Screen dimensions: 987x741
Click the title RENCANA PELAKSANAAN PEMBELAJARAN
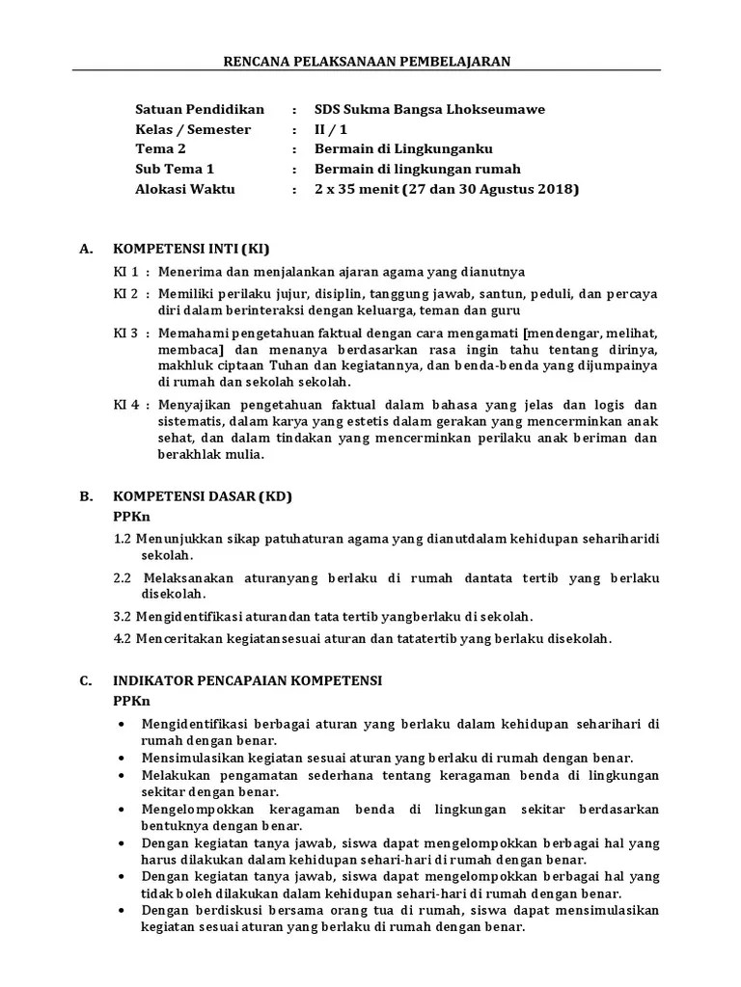point(366,61)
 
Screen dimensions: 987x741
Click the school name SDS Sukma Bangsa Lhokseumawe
point(429,109)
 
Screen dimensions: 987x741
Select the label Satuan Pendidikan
point(199,109)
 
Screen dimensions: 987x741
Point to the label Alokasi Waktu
point(184,189)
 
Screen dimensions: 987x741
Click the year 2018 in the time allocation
point(557,189)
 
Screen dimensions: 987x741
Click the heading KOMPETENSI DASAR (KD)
point(202,496)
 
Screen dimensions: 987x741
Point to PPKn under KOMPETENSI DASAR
point(130,516)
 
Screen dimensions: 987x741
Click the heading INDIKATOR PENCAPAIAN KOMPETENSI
point(247,680)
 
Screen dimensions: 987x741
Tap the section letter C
point(85,680)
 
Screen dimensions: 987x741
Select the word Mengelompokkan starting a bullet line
point(189,808)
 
